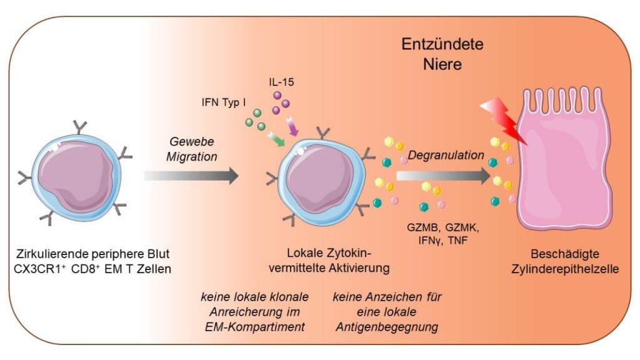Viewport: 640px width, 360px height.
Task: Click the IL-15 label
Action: (281, 82)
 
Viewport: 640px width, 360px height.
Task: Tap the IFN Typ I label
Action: (224, 102)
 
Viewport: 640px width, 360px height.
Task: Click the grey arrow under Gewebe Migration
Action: (191, 176)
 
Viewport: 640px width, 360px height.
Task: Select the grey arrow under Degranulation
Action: (443, 176)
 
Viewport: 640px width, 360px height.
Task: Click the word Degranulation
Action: (446, 155)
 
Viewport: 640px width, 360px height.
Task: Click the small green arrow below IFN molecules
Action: (276, 139)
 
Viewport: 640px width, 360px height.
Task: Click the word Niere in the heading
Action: (442, 64)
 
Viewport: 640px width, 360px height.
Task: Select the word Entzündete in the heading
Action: (442, 44)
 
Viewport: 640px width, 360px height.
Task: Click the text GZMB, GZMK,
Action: (443, 227)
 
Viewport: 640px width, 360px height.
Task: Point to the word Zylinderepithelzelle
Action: (565, 269)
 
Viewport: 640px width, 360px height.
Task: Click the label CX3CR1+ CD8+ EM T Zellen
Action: (92, 269)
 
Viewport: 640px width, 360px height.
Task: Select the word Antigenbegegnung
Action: (387, 327)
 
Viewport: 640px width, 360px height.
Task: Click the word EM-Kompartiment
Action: (255, 327)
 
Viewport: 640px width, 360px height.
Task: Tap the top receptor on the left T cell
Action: (79, 127)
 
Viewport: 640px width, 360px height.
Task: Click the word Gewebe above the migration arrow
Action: (192, 142)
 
